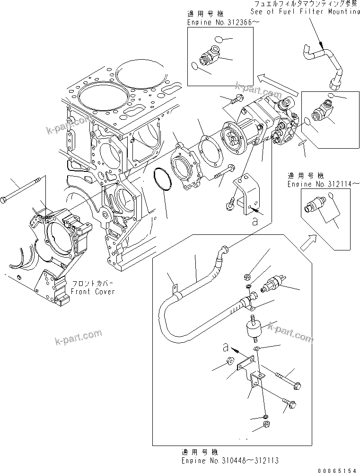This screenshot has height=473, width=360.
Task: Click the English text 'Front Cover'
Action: [x=93, y=292]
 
